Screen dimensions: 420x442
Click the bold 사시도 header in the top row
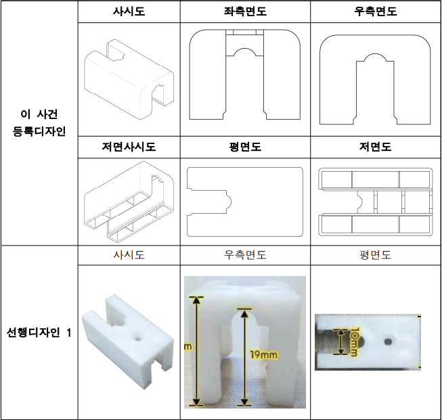[129, 12]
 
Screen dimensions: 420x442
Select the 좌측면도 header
[245, 12]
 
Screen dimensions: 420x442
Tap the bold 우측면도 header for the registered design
[375, 12]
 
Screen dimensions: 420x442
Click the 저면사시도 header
[129, 147]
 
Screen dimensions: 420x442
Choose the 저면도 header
[375, 147]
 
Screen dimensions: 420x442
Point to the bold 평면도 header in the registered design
[245, 147]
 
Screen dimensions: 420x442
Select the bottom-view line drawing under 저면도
[375, 201]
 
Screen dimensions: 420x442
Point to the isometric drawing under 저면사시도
[128, 202]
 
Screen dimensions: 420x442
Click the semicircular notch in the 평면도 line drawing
[227, 202]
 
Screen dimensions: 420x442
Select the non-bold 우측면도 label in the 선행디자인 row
[245, 255]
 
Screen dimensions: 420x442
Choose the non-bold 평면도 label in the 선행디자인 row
[375, 255]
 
